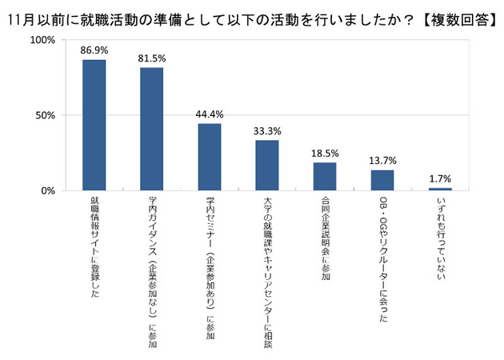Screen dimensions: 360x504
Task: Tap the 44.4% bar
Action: click(210, 158)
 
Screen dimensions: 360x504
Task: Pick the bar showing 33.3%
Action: click(267, 166)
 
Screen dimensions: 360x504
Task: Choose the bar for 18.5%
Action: click(325, 177)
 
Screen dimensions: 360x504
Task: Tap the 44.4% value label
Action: click(210, 114)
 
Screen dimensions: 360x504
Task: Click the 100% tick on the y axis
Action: click(42, 39)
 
